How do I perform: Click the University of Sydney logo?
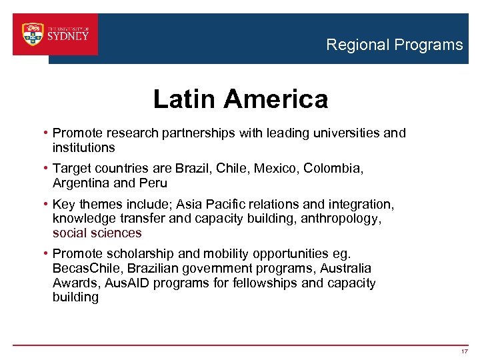55,34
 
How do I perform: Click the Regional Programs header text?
394,45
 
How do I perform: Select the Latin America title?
241,99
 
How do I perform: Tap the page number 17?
465,351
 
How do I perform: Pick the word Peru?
153,183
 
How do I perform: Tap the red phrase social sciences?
97,233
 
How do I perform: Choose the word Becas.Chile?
89,269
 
